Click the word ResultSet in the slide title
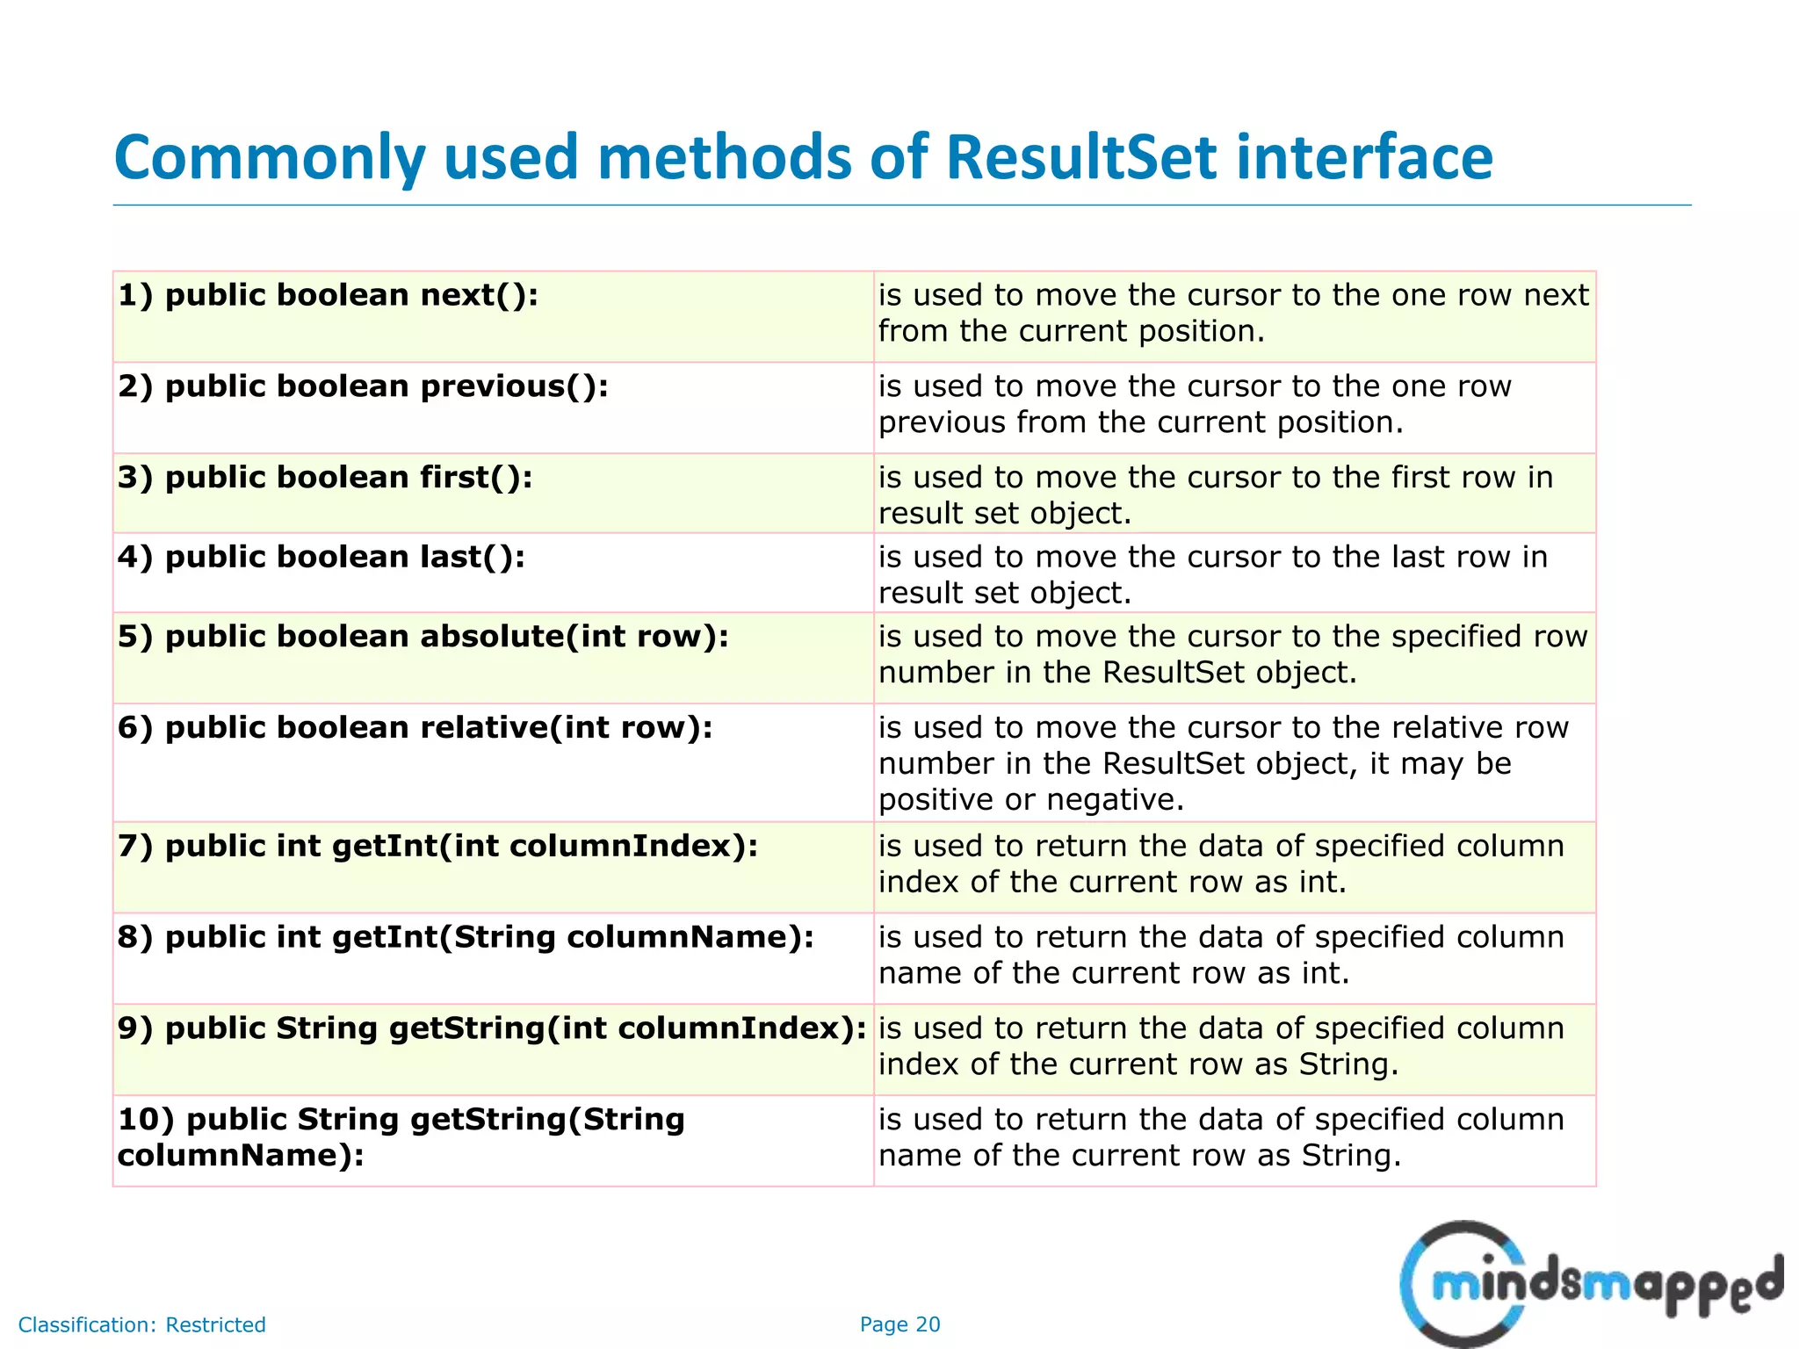pos(1081,158)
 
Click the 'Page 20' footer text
pos(899,1324)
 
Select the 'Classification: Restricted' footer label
pos(142,1324)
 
